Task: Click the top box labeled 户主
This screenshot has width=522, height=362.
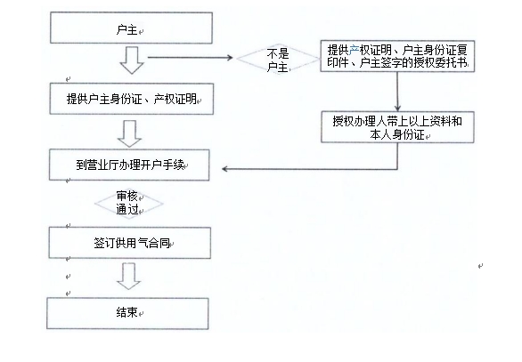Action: click(131, 28)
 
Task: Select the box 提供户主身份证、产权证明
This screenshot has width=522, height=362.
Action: click(132, 99)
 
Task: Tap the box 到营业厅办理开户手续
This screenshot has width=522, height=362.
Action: click(129, 165)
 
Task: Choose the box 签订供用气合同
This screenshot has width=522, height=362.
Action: click(129, 243)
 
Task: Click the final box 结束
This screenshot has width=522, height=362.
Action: click(127, 313)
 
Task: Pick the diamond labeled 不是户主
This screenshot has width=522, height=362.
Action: click(278, 59)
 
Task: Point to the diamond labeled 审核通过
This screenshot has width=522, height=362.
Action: click(129, 204)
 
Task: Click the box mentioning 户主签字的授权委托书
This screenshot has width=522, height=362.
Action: click(397, 56)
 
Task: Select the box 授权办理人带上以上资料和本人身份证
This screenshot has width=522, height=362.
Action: click(397, 127)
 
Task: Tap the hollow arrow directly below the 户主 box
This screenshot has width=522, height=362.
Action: click(132, 60)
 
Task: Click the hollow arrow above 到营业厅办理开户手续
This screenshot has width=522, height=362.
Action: click(129, 133)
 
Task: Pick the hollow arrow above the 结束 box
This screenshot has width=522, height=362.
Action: click(129, 277)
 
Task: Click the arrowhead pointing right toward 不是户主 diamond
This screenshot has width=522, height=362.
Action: click(230, 58)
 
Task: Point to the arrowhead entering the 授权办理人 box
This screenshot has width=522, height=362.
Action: click(397, 108)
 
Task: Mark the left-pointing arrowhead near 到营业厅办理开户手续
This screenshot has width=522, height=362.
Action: click(225, 169)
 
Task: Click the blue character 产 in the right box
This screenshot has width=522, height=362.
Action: click(354, 50)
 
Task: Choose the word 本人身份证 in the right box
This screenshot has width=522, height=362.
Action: click(397, 134)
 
